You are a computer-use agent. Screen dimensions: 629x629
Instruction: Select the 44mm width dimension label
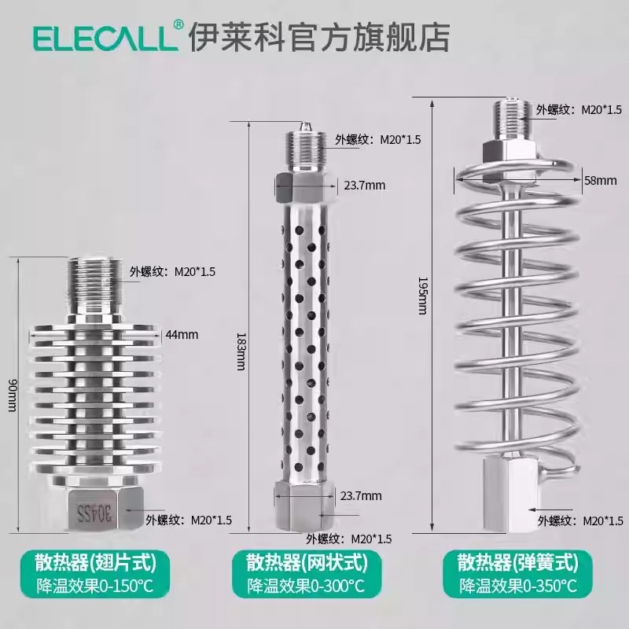[x=181, y=334]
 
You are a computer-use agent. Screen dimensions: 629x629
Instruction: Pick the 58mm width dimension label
[x=600, y=180]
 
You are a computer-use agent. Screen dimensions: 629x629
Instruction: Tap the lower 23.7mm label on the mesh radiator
[x=362, y=495]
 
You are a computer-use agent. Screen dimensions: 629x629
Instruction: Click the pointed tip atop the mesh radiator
[x=305, y=125]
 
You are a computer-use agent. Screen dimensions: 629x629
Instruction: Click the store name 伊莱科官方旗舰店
[x=318, y=36]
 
